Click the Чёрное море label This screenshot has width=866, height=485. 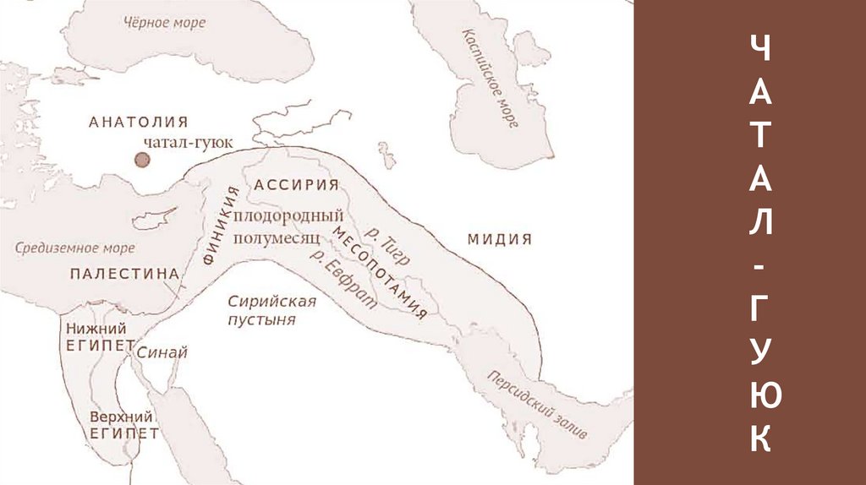pos(164,23)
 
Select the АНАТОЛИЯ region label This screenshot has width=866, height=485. pos(138,123)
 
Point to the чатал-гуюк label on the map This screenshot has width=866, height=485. pos(187,143)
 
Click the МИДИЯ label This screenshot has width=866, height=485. pos(499,239)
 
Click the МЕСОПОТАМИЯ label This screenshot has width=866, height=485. pos(380,271)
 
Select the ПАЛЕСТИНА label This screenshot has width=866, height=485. pos(124,273)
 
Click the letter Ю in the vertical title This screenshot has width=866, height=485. pos(759,395)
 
